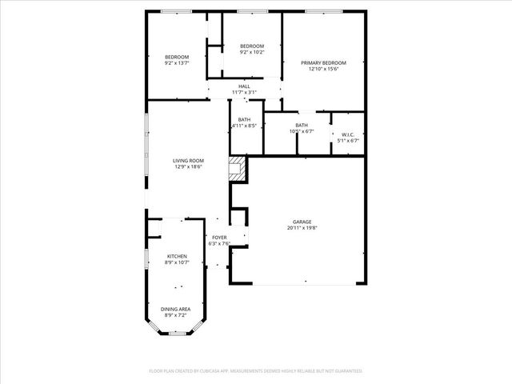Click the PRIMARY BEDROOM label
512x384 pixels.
tap(323, 62)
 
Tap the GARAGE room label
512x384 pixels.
tap(302, 222)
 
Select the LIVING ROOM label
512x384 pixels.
tap(189, 161)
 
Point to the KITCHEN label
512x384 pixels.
tap(177, 256)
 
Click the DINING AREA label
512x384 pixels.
tap(175, 309)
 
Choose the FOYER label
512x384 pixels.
tap(219, 238)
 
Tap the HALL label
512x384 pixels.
tap(244, 86)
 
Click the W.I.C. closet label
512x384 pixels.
tap(348, 134)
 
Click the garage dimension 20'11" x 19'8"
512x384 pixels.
tap(302, 228)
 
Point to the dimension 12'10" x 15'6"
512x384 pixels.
tap(323, 69)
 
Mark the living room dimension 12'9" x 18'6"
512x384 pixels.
tap(189, 167)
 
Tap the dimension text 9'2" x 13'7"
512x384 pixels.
tap(177, 62)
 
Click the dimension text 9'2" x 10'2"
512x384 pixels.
tap(253, 53)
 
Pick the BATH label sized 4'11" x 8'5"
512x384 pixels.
tap(244, 119)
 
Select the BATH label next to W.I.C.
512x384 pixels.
tap(302, 125)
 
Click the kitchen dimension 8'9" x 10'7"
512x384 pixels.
tap(177, 262)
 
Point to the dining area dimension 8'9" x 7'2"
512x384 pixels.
tap(175, 315)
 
